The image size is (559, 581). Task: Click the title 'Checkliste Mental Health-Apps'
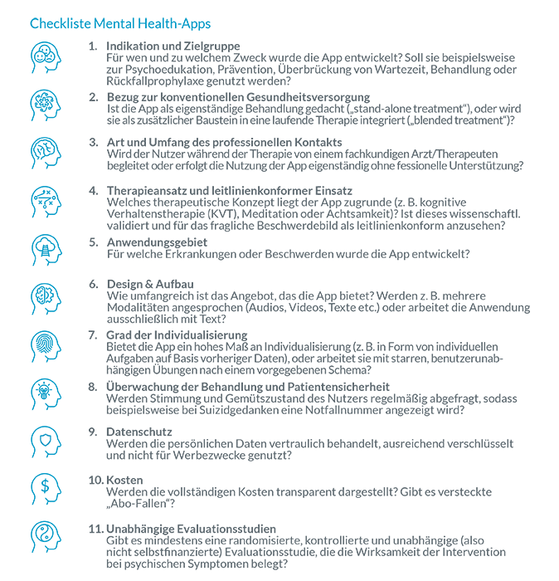tap(119, 23)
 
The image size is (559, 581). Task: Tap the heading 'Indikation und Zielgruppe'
tap(173, 46)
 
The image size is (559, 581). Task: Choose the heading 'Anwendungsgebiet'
tap(158, 242)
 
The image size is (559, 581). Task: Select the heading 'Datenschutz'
tap(139, 432)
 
